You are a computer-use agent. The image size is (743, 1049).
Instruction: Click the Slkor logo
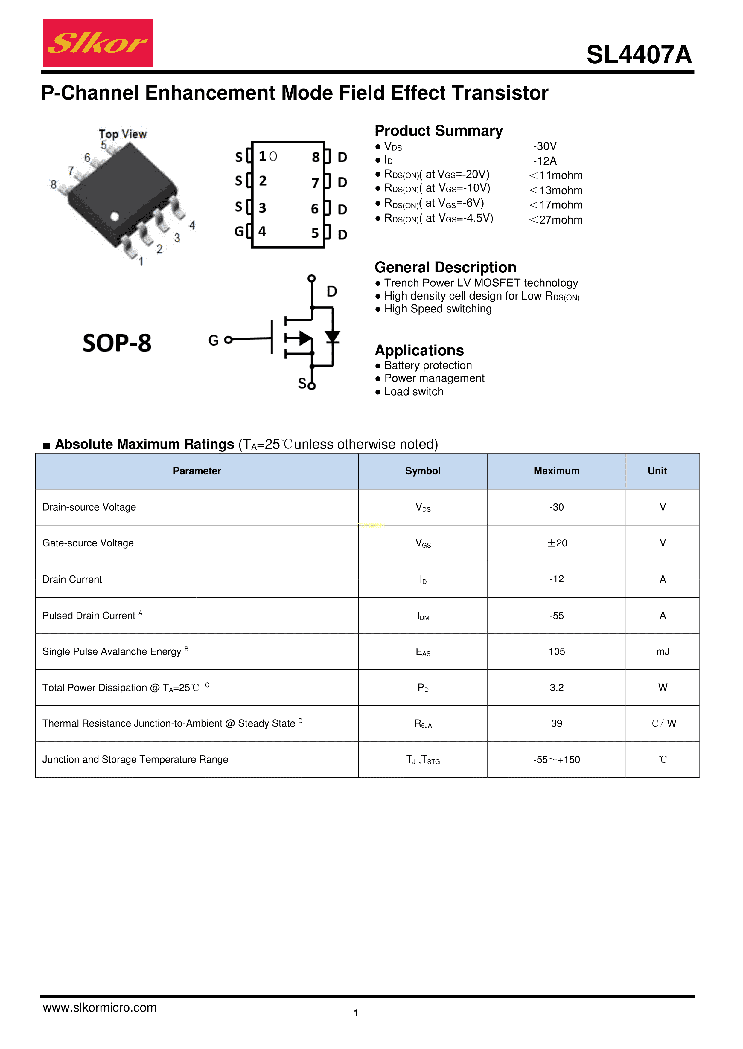pyautogui.click(x=98, y=43)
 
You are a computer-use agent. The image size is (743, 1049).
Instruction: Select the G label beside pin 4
pyautogui.click(x=239, y=231)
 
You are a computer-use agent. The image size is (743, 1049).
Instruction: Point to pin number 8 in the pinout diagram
pyautogui.click(x=315, y=157)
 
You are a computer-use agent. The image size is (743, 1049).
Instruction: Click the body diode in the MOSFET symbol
pyautogui.click(x=333, y=337)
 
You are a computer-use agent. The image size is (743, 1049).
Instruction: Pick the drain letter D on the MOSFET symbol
pyautogui.click(x=332, y=291)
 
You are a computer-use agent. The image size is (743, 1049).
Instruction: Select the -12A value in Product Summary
pyautogui.click(x=544, y=161)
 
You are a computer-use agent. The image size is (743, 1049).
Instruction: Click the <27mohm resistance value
pyautogui.click(x=556, y=220)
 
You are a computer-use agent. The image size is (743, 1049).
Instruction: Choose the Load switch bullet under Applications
pyautogui.click(x=414, y=391)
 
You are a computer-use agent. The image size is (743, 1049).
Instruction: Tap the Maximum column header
pyautogui.click(x=556, y=471)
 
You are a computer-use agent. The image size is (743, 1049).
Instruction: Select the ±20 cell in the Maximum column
pyautogui.click(x=557, y=543)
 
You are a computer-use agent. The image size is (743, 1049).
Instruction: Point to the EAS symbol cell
pyautogui.click(x=423, y=652)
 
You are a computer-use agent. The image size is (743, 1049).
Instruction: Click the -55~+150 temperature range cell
pyautogui.click(x=556, y=760)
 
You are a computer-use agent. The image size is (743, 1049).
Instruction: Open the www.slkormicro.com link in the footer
pyautogui.click(x=100, y=1007)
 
